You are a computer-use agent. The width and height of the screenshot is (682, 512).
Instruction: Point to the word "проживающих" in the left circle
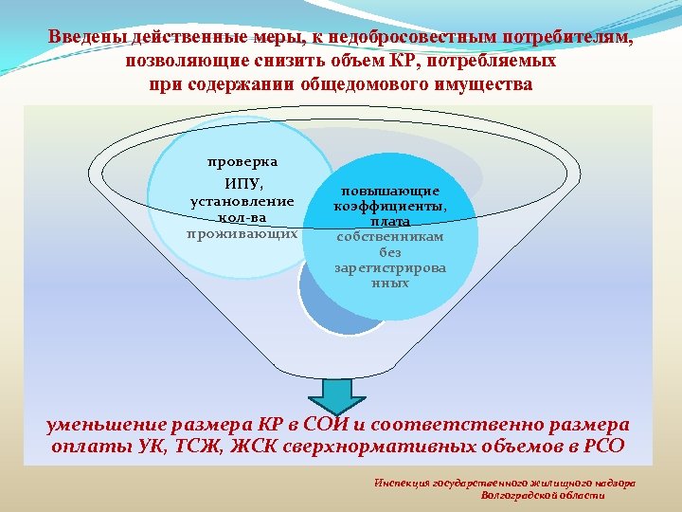click(x=242, y=232)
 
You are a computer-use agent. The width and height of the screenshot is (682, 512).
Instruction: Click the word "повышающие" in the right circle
click(x=390, y=191)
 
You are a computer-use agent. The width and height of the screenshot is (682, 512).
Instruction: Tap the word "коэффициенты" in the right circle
click(x=390, y=206)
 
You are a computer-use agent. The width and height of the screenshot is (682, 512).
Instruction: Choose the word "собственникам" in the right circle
click(x=390, y=237)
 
